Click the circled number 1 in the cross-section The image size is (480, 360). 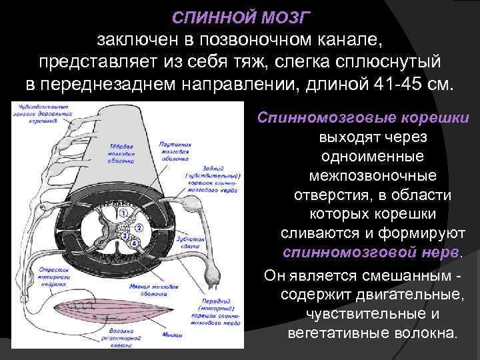click(x=123, y=212)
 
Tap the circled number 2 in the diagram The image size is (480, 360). click(x=139, y=228)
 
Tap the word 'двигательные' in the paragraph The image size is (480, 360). click(x=405, y=293)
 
